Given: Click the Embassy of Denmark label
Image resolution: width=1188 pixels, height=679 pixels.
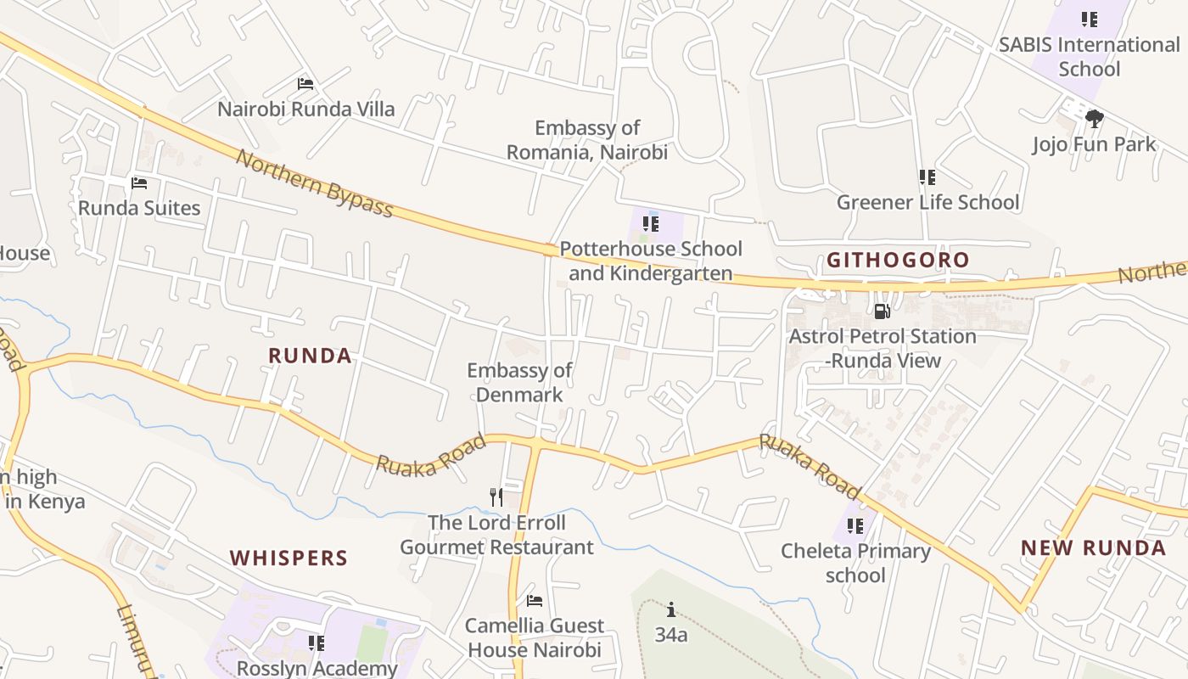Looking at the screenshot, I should (x=519, y=383).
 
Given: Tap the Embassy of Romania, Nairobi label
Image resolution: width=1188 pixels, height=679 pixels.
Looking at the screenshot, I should (x=586, y=140).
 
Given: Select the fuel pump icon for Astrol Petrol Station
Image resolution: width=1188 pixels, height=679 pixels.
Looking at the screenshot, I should (x=883, y=311).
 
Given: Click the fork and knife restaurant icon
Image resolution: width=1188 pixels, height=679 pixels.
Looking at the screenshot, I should (x=496, y=497).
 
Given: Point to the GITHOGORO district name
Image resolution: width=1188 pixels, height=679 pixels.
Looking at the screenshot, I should (x=898, y=261).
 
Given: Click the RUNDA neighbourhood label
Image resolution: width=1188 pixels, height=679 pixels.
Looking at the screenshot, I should (x=310, y=356).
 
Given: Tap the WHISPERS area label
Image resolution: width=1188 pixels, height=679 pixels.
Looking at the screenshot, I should (x=289, y=558).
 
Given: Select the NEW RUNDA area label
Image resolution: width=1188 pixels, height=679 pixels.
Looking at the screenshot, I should (x=1093, y=548).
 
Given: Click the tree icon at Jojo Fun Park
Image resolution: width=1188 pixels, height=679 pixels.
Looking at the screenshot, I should (x=1094, y=119).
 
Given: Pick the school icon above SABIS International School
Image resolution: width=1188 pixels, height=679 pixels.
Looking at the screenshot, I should (x=1089, y=19).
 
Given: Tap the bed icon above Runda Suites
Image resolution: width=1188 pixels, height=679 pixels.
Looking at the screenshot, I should (x=139, y=183).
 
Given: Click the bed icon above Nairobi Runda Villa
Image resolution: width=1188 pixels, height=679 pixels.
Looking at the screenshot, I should (x=305, y=84).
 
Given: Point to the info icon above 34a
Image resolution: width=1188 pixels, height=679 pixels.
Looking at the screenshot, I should (x=671, y=609).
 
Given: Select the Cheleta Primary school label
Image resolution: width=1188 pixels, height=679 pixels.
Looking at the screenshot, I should (x=855, y=563).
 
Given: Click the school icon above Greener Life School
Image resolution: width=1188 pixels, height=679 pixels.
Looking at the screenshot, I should (x=927, y=177).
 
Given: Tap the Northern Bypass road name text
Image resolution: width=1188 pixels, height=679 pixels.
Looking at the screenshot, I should (x=314, y=183).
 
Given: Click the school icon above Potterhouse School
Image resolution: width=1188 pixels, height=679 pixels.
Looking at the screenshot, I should (x=650, y=224).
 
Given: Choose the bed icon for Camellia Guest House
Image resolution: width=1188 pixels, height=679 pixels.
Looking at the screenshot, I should (x=535, y=601).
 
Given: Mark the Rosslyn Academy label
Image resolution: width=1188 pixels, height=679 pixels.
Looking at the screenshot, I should (x=317, y=668).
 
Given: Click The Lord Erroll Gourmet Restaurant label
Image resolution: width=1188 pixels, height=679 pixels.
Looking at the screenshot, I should (x=496, y=535).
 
